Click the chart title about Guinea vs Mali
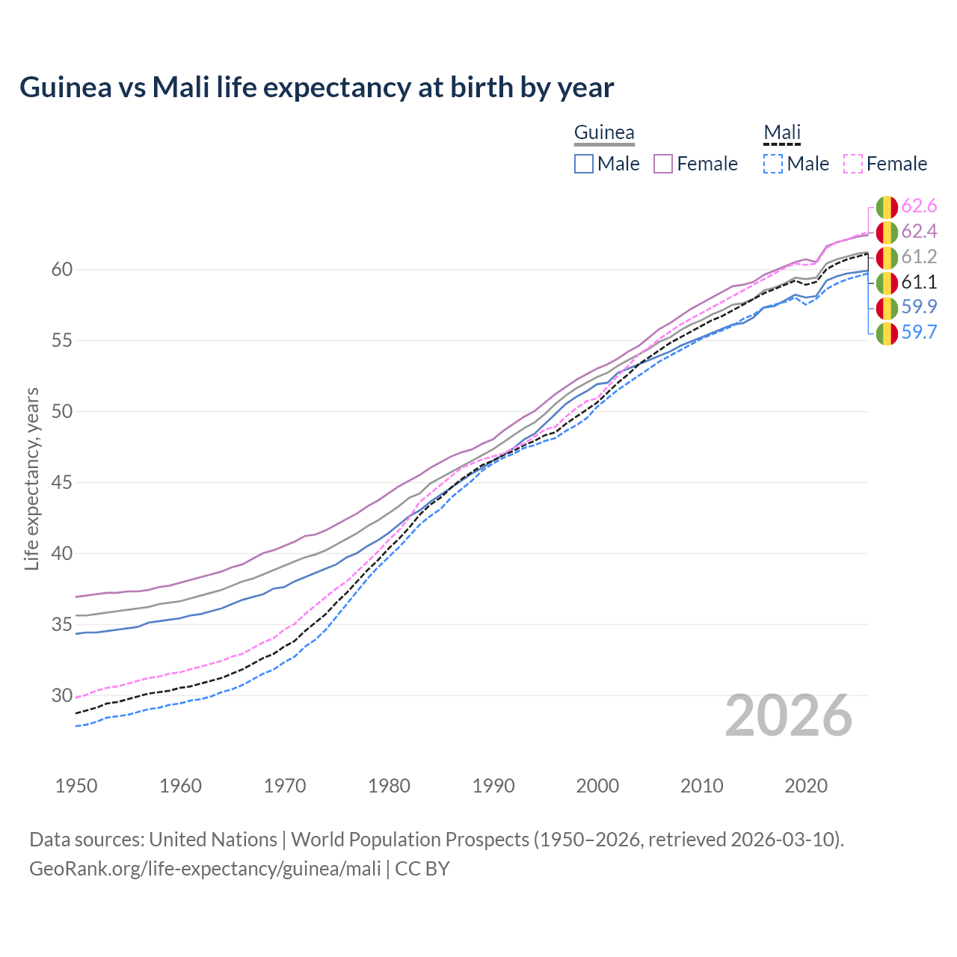[316, 87]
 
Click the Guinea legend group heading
[604, 133]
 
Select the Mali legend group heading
[782, 133]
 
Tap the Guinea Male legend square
[584, 164]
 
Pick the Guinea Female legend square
[663, 164]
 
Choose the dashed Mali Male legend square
[773, 164]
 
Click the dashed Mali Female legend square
[853, 164]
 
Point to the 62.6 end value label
[919, 206]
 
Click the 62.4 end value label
[919, 232]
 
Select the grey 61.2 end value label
[919, 257]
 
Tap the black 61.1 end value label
[919, 283]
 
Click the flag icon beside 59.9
[887, 307]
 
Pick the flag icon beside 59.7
[887, 333]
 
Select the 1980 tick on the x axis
[389, 786]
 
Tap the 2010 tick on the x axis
[701, 786]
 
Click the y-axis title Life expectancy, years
[32, 478]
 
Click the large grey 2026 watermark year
[788, 716]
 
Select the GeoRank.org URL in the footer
[205, 869]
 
